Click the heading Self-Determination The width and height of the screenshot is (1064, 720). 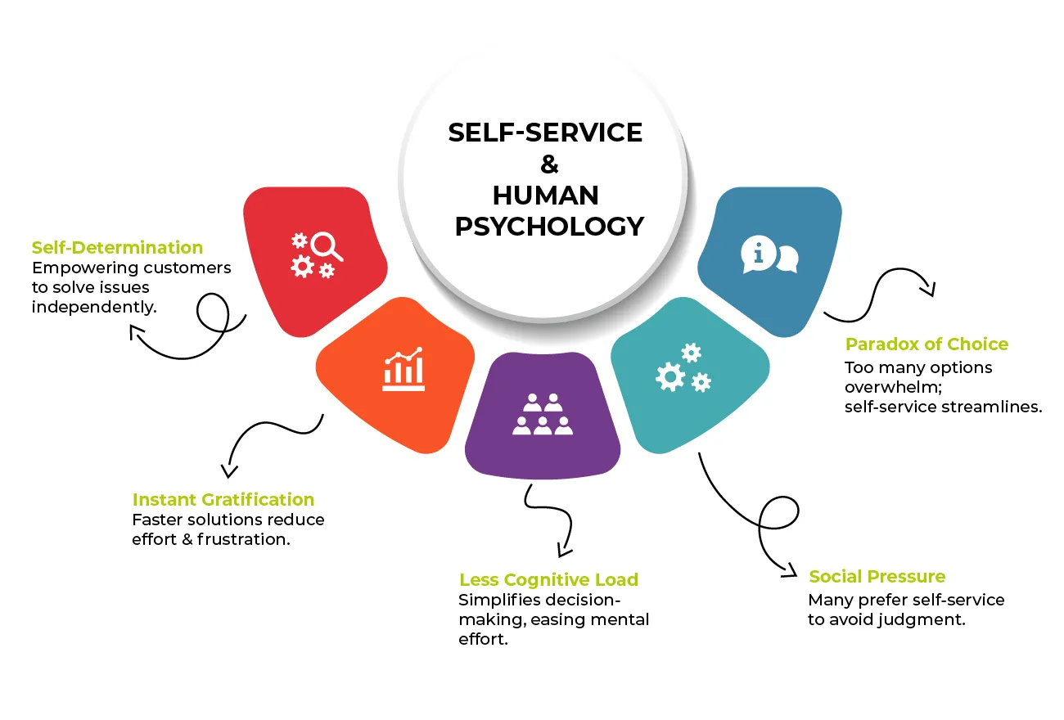pos(117,247)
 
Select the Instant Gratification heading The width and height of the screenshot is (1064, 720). pos(223,500)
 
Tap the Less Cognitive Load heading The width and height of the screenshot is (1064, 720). pos(548,580)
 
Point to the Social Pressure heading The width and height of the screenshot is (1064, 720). pos(877,577)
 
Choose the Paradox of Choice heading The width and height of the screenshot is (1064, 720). pos(926,344)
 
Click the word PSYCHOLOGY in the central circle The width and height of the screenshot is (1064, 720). pos(549,226)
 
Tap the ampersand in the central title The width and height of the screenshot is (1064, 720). pos(549,164)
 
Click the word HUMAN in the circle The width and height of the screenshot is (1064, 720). pos(545,196)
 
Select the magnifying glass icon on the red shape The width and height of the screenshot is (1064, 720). pos(326,246)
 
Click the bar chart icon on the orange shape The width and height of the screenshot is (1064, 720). pos(404,369)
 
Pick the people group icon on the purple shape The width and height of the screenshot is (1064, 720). pos(543,414)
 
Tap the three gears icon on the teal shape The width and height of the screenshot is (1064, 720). pos(683,367)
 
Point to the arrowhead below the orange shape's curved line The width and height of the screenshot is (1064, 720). pos(229,470)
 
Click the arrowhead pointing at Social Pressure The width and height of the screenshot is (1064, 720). pos(790,571)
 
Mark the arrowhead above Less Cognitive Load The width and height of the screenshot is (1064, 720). pos(564,551)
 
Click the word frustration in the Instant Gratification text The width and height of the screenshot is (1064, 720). pos(244,539)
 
